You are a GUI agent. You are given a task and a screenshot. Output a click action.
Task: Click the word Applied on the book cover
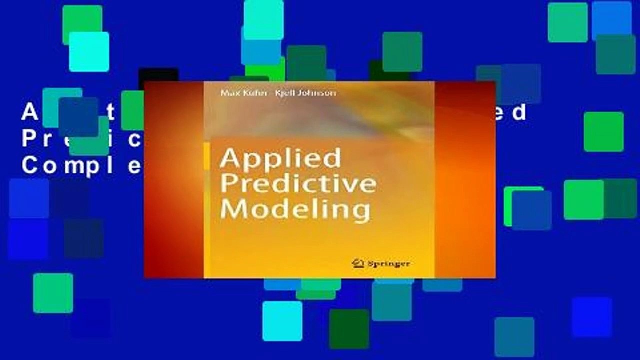(280, 159)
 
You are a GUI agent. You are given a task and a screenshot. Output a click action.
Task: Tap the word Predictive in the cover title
(298, 183)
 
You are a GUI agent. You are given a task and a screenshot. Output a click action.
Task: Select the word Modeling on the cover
(295, 208)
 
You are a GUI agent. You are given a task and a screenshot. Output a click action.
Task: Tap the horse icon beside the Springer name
(357, 263)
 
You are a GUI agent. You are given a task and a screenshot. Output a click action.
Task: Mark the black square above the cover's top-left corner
(158, 75)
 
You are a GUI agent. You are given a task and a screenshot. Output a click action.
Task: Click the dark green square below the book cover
(349, 329)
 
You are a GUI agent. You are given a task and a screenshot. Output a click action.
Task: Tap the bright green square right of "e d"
(604, 132)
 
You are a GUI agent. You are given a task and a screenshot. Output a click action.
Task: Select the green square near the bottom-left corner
(53, 293)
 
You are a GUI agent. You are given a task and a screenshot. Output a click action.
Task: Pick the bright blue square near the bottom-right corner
(592, 317)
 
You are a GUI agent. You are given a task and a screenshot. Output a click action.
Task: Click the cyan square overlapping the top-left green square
(89, 52)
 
